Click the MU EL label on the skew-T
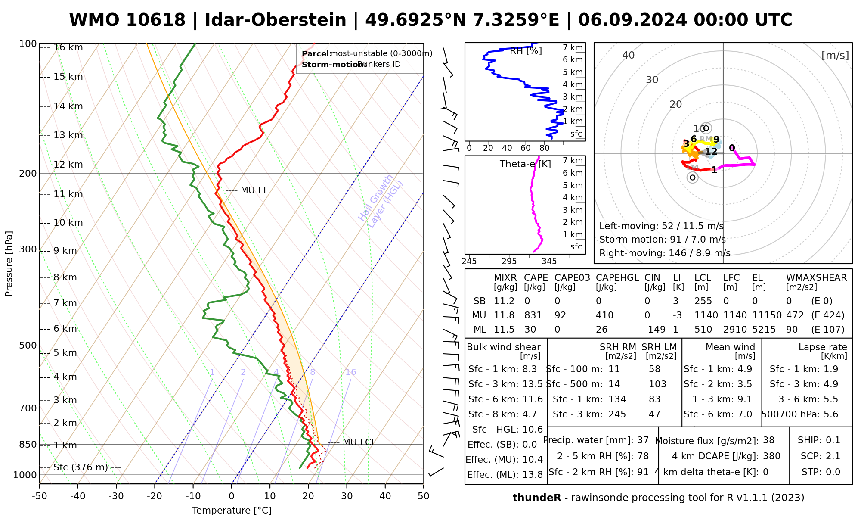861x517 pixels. (254, 190)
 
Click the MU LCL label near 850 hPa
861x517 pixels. (359, 443)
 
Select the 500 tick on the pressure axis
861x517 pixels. (29, 345)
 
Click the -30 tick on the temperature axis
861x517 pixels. (116, 496)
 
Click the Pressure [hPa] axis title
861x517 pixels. (9, 264)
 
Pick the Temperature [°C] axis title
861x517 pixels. (232, 511)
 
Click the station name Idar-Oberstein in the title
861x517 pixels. (276, 20)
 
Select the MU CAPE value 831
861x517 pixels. (533, 315)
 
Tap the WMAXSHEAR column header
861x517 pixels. (816, 278)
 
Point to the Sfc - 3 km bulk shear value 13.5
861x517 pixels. (532, 384)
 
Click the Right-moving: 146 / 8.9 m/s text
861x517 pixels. (664, 253)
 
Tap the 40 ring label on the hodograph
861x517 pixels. (629, 55)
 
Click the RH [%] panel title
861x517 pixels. (526, 51)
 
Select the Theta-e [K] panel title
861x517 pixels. (525, 164)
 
